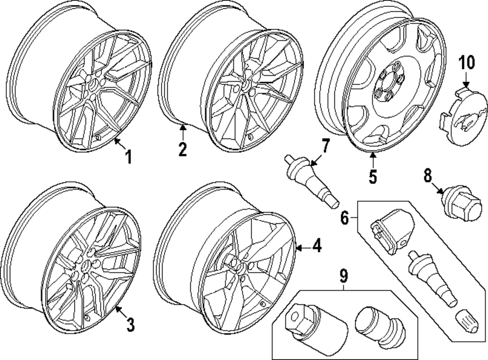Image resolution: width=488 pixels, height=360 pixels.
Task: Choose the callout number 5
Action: (373, 176)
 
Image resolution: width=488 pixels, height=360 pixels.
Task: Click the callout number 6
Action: (345, 218)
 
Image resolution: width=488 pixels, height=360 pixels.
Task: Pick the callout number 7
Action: (325, 145)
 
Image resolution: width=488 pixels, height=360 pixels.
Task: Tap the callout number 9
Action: (344, 277)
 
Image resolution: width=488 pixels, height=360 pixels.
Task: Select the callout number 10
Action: (467, 63)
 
